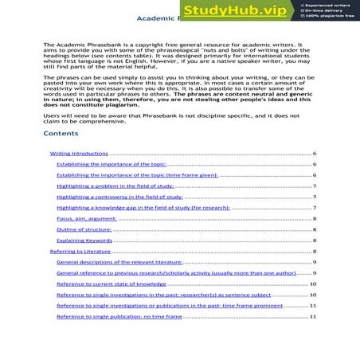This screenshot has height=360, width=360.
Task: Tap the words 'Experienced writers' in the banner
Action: coord(326,5)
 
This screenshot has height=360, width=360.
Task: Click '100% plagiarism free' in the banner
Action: coord(327,17)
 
